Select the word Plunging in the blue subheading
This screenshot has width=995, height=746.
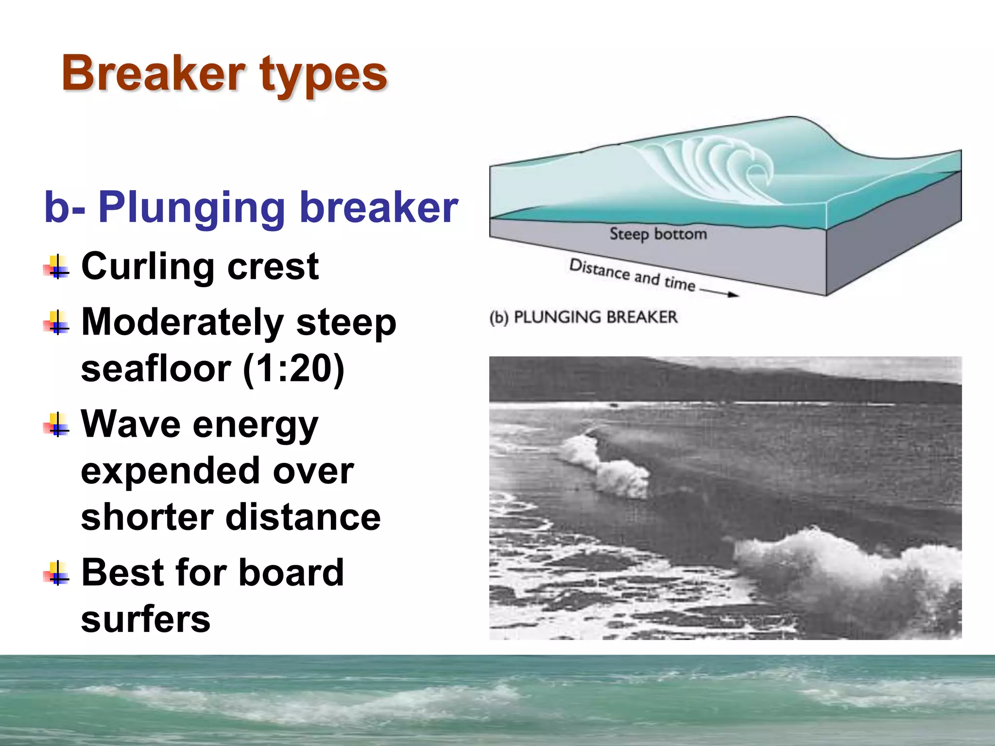[191, 208]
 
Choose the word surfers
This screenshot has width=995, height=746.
[145, 619]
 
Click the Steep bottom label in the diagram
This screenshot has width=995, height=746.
[658, 234]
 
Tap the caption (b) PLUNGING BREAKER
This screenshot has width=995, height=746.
[583, 317]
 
